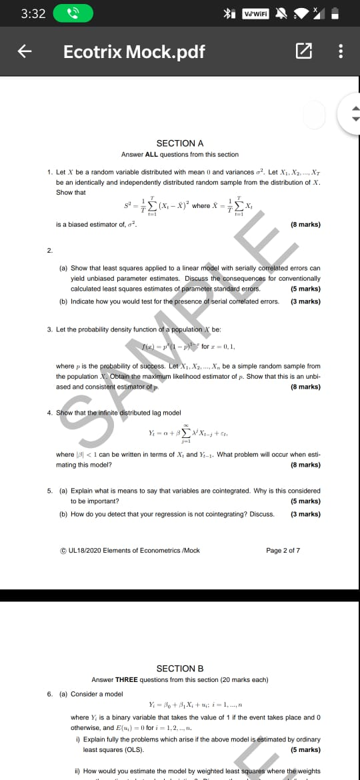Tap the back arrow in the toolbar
[21, 52]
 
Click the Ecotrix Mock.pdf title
[134, 52]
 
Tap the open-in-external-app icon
[303, 52]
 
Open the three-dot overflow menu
[341, 52]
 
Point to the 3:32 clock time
[33, 13]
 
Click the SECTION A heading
[179, 143]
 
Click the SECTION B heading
[179, 669]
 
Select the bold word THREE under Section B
[126, 680]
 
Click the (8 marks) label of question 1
[305, 225]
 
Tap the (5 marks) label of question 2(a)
[305, 289]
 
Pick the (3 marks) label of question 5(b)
[305, 514]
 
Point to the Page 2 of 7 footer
[283, 551]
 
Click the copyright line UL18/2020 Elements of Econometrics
[130, 551]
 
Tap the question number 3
[49, 329]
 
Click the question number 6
[49, 693]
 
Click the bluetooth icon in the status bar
[227, 13]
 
